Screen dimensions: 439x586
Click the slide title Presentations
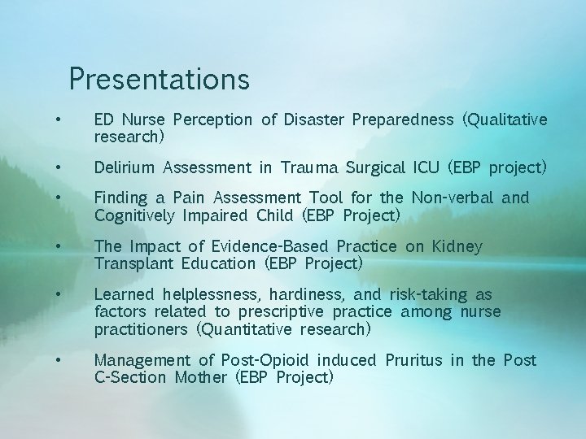pos(159,79)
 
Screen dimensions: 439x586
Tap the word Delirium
pos(125,168)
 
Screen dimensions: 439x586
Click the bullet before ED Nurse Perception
pos(59,120)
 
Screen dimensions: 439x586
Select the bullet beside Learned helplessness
pos(59,294)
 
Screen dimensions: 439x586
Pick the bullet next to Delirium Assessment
pos(59,168)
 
